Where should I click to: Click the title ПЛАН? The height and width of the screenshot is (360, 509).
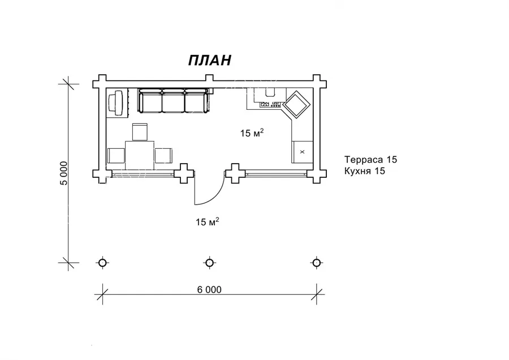click(x=210, y=60)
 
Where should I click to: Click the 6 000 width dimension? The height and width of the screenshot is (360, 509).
click(x=209, y=289)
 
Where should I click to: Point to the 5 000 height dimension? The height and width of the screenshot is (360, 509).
click(x=64, y=173)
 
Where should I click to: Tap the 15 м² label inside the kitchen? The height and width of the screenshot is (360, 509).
click(x=252, y=132)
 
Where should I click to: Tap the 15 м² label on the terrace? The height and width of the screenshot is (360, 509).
click(x=207, y=221)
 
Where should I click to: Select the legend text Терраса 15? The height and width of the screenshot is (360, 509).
click(x=370, y=160)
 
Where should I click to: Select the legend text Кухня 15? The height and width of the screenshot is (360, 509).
click(x=365, y=171)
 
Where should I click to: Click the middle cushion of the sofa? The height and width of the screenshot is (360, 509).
click(x=174, y=102)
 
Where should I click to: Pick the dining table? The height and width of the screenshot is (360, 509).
click(x=140, y=155)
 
